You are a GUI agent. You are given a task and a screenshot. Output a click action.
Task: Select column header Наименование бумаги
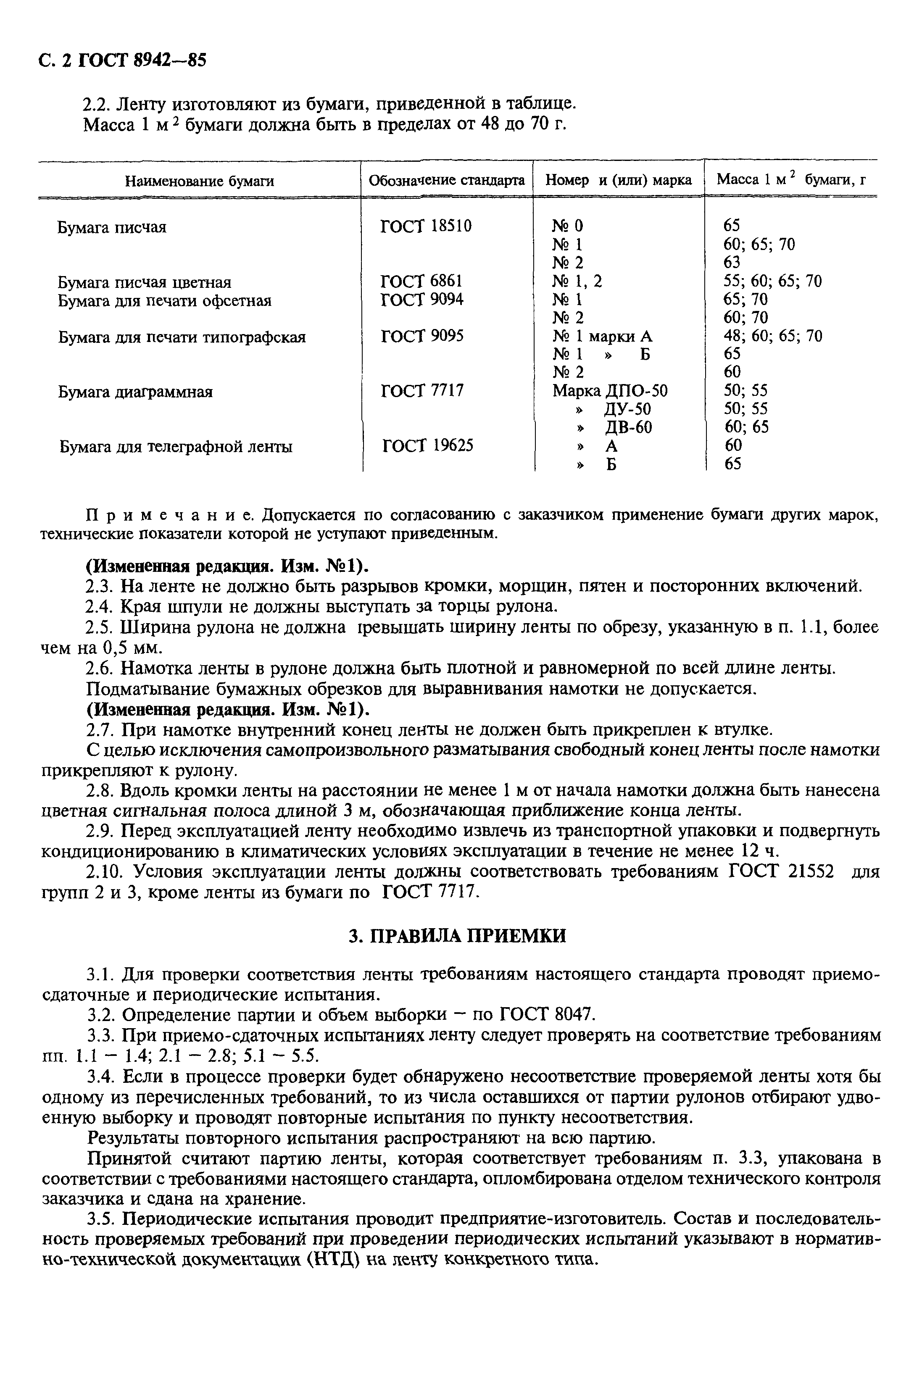[x=199, y=181]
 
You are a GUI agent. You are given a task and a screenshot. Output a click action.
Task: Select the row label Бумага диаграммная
[x=135, y=392]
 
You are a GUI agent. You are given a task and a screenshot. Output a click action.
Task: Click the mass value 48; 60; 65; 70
[x=773, y=336]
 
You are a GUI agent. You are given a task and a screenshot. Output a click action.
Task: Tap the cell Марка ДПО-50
[x=610, y=391]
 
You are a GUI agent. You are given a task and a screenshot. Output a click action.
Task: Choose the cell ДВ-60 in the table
[x=628, y=427]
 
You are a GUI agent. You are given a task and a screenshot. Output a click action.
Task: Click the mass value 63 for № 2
[x=732, y=262]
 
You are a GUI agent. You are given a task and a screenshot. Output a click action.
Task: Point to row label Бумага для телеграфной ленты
[x=176, y=447]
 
